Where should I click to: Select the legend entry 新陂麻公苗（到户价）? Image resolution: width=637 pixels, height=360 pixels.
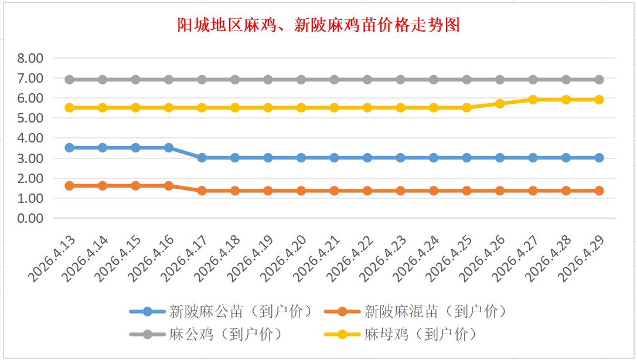pos(240,311)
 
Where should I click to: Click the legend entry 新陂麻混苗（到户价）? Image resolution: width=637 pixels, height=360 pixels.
pos(435,311)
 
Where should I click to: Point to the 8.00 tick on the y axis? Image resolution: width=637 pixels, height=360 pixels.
pos(30,58)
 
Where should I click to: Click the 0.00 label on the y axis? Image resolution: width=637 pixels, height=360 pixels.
pos(30,218)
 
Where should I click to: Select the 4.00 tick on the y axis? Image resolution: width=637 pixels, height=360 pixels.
pos(30,138)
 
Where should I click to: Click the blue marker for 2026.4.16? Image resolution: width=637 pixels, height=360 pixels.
pos(169,148)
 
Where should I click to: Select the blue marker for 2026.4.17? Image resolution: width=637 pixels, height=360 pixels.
pos(202,158)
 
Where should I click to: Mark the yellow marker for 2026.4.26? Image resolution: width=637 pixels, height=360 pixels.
pos(500,104)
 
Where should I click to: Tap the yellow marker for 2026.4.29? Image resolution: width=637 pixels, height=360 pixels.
pos(599,100)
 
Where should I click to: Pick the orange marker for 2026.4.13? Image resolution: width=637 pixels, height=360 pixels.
pos(69,186)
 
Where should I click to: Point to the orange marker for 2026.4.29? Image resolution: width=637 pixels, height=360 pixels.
pos(599,191)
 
